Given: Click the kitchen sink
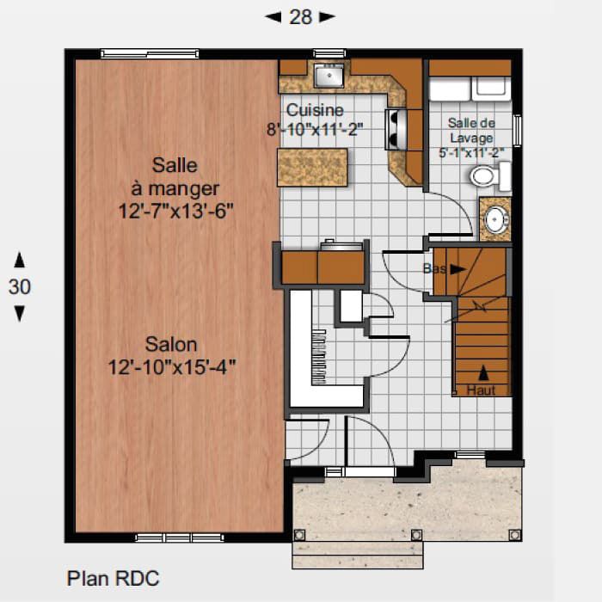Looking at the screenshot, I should tap(328, 77).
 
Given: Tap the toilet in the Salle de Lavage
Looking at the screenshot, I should tap(486, 176).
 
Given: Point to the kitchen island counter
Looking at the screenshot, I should tap(312, 167).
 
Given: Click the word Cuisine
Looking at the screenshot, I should tap(315, 110).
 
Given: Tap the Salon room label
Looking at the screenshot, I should tap(171, 345).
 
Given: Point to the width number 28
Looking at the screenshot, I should tap(300, 17).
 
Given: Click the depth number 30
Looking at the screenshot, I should tap(19, 287).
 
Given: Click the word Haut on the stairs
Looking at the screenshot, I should tap(482, 390).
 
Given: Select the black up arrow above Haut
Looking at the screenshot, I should tap(482, 373).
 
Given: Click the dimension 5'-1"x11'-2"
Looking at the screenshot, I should tap(470, 153).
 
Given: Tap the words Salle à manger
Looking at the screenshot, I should tap(175, 176).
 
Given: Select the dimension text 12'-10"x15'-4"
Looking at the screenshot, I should tap(171, 367).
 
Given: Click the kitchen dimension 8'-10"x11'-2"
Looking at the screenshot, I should tap(314, 129).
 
